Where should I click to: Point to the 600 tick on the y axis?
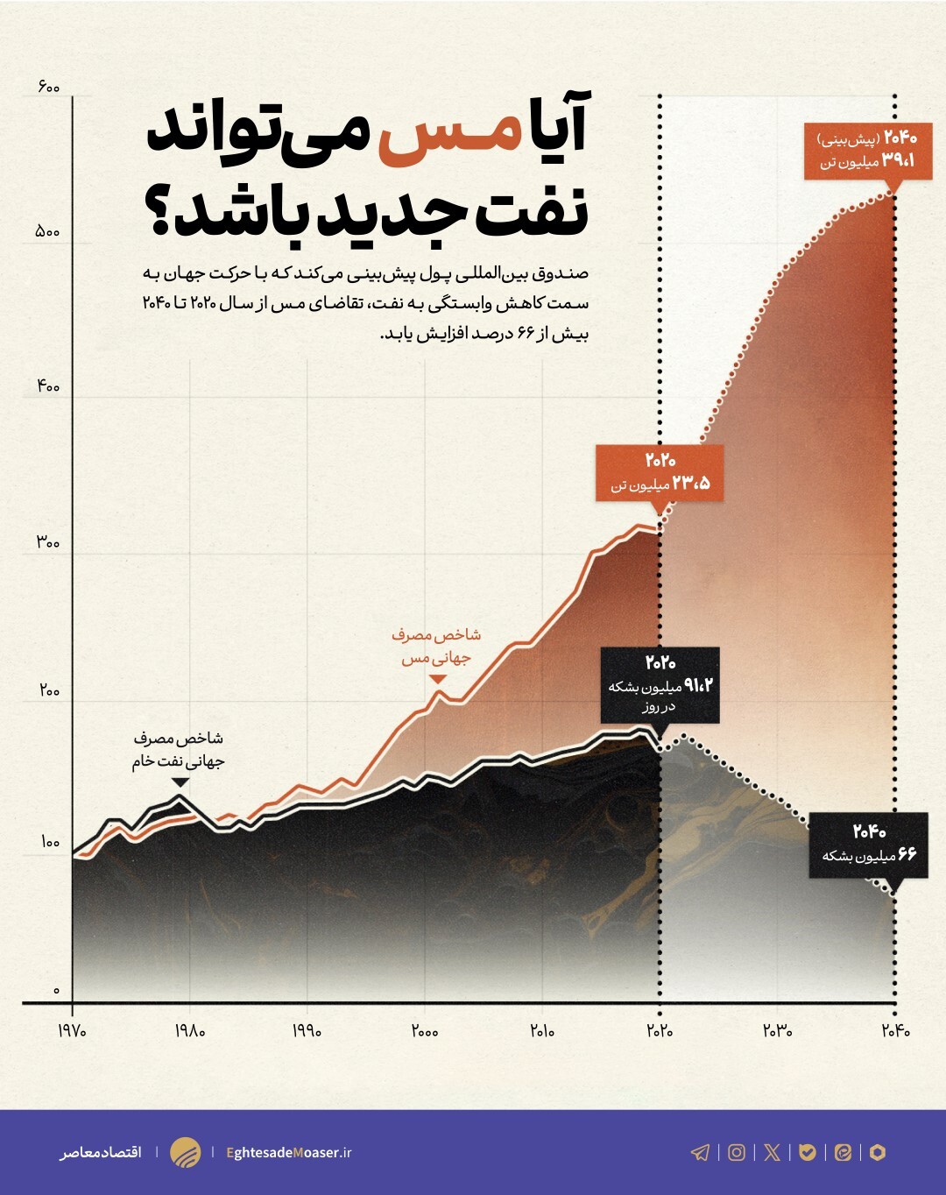click(48, 87)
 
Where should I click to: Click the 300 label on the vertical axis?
click(48, 542)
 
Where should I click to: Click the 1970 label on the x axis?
click(72, 1031)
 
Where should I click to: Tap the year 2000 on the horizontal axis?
click(425, 1031)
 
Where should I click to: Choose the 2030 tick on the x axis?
click(777, 1031)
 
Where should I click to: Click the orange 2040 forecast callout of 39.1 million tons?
click(867, 150)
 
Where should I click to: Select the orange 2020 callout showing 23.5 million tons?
click(660, 472)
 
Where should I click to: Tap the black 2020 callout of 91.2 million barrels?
click(660, 684)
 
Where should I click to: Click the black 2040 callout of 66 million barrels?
click(868, 844)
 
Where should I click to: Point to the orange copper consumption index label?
click(436, 646)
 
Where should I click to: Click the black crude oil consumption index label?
click(179, 750)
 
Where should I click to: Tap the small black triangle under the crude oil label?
click(180, 782)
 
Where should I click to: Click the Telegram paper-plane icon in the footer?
click(701, 1152)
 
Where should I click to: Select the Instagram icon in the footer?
click(737, 1152)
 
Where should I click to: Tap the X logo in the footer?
click(772, 1152)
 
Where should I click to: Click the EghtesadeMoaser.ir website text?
click(289, 1152)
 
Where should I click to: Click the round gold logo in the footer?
click(185, 1152)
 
